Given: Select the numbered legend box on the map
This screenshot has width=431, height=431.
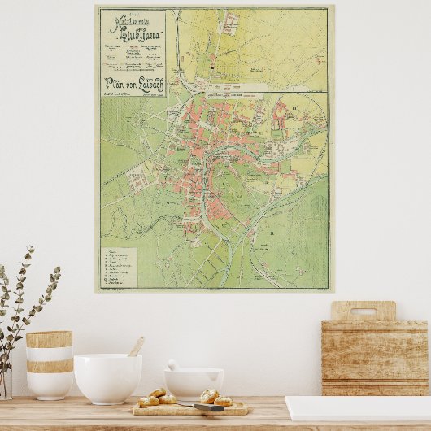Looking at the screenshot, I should coord(119,266).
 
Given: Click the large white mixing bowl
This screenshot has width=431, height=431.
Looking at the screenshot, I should coord(107,378).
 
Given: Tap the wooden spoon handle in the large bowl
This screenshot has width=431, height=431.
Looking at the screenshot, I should coord(136,347).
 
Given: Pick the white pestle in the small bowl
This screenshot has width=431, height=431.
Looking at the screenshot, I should coord(172,366).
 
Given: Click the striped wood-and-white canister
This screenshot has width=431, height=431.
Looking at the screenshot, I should coord(49,364).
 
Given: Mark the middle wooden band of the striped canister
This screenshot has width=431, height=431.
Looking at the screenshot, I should coord(49,366).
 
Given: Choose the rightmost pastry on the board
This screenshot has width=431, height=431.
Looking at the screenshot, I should coord(223,401).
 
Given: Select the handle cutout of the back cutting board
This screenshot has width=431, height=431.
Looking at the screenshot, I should coord(363,311).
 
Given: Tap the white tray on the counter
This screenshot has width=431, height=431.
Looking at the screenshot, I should coord(358,408).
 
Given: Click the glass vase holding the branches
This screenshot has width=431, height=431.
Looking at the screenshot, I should coord(4,382).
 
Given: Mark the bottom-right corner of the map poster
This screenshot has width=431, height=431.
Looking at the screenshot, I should coord(329,290).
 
